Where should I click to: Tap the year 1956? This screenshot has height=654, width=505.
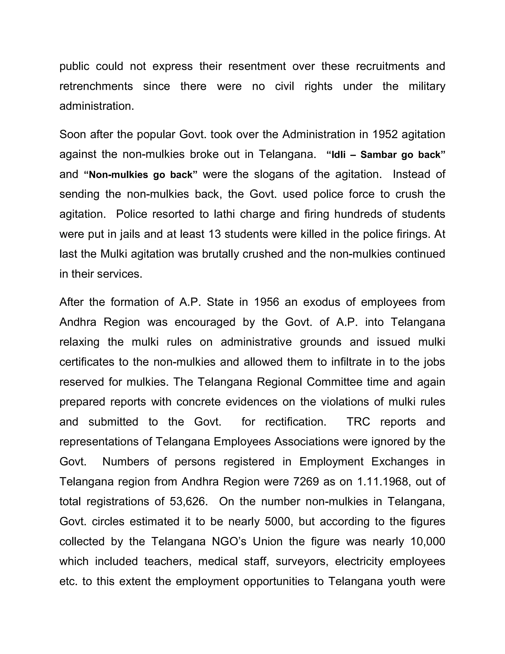pyautogui.click(x=266, y=302)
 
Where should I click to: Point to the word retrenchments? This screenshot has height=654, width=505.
pyautogui.click(x=96, y=86)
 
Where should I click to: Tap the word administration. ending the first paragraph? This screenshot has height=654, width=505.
pyautogui.click(x=97, y=106)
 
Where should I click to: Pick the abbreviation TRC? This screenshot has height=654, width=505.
pyautogui.click(x=358, y=422)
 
